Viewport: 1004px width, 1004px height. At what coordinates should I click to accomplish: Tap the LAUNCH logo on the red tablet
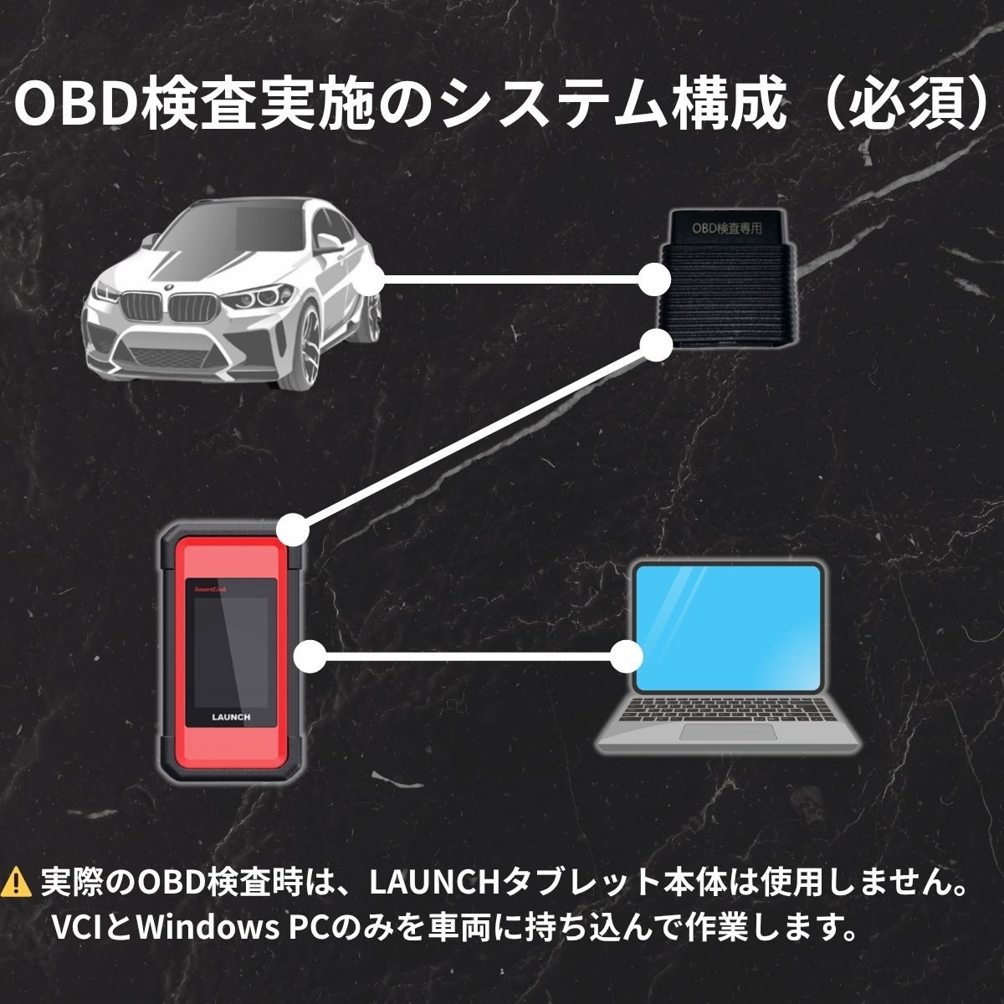[x=231, y=717]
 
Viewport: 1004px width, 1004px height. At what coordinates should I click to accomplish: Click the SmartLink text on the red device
[x=210, y=590]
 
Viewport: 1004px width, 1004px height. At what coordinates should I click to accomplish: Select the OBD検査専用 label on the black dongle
[x=726, y=228]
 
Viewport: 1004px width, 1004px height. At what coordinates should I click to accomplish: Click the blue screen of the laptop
[x=729, y=628]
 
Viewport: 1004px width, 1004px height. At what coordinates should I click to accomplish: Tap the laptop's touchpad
[x=727, y=731]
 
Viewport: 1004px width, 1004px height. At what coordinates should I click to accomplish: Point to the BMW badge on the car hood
[x=168, y=287]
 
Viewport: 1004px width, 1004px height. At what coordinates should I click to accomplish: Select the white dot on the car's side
[x=368, y=279]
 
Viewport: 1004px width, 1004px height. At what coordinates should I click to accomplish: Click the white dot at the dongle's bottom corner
[x=658, y=345]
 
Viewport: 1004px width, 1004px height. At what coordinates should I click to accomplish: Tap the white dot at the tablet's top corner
[x=293, y=530]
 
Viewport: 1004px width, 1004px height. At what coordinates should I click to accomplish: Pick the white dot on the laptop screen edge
[x=625, y=657]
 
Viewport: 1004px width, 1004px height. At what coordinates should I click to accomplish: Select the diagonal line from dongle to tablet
[x=475, y=438]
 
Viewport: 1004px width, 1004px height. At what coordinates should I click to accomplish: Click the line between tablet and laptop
[x=468, y=656]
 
